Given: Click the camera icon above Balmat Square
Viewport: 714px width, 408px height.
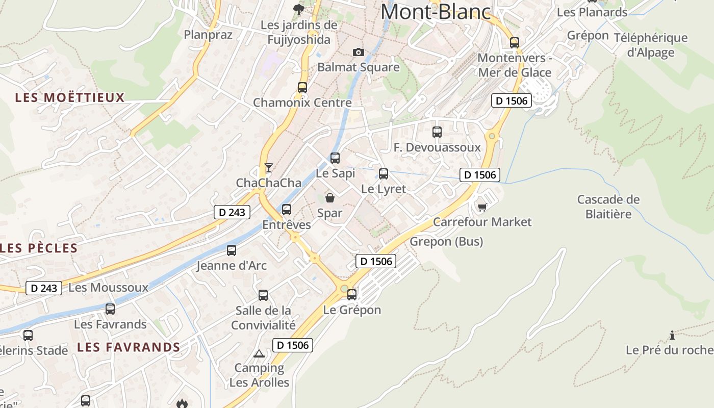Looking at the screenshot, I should coord(359,52).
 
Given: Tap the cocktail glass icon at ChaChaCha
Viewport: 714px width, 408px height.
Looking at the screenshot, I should coord(268,168).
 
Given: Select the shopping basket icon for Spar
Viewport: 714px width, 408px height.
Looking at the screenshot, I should coord(330,198).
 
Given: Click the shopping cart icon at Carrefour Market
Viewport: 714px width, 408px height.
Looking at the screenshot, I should coord(482,207).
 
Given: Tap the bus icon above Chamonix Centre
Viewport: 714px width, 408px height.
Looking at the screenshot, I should coord(302,87).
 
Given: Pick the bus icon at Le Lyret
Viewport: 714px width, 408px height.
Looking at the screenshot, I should coord(384,174).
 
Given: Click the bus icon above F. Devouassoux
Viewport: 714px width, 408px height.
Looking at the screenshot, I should coord(437,132).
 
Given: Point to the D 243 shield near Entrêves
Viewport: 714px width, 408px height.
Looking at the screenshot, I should coord(233,212).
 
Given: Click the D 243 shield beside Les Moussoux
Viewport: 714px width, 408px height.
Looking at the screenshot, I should coord(44,288).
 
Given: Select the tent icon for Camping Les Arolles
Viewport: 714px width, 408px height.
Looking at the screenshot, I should coord(259,353).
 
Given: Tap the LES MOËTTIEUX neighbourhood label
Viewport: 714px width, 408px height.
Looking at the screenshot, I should coord(70,97).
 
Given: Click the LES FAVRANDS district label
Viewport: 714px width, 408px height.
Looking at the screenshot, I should coord(129,347).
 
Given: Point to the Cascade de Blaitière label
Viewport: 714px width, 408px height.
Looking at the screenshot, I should coord(608,207).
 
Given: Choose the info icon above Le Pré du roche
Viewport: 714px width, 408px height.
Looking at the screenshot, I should coord(672,335).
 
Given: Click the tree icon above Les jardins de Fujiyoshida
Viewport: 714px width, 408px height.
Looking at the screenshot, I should coord(299,9).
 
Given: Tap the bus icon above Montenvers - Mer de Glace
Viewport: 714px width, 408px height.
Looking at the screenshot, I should coord(515,42).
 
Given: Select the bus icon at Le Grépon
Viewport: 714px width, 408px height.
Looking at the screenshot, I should coord(352,294).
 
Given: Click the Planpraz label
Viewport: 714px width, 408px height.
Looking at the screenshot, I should coord(208,35).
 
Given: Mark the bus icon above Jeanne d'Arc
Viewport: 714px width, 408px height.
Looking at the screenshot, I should coord(232,250).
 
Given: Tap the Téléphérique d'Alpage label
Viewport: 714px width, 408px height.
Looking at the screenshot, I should coord(650,45).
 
